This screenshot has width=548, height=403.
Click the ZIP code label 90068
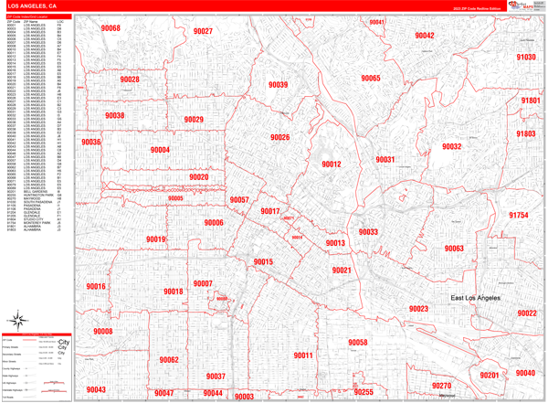pyautogui.click(x=111, y=28)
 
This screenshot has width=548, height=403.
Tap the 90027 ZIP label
pyautogui.click(x=203, y=31)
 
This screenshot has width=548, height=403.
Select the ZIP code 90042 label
pyautogui.click(x=424, y=36)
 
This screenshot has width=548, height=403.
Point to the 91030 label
pyautogui.click(x=526, y=57)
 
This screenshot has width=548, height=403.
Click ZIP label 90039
pyautogui.click(x=279, y=85)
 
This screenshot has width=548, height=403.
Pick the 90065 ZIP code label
pyautogui.click(x=370, y=79)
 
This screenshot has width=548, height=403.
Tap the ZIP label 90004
pyautogui.click(x=161, y=150)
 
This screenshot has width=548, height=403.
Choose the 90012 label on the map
pyautogui.click(x=331, y=164)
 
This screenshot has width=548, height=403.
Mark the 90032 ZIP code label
pyautogui.click(x=452, y=146)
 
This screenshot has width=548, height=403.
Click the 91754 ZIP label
pyautogui.click(x=519, y=215)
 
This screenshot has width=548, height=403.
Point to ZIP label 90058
pyautogui.click(x=357, y=343)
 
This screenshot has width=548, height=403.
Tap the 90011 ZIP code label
pyautogui.click(x=303, y=355)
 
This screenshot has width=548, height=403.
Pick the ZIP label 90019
pyautogui.click(x=155, y=239)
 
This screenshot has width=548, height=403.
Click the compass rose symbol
pyautogui.click(x=18, y=319)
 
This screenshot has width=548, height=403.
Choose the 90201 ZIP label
pyautogui.click(x=490, y=376)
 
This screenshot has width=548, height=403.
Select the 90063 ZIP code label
pyautogui.click(x=454, y=249)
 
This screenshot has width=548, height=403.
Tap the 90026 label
pyautogui.click(x=280, y=138)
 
